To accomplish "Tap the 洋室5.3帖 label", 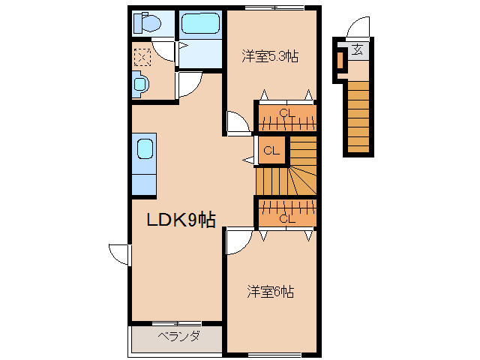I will [x=269, y=55].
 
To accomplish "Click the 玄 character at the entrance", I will [x=358, y=50].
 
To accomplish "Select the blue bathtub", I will [x=200, y=24].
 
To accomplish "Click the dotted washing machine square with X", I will [x=142, y=56].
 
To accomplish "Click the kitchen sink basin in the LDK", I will [x=144, y=148].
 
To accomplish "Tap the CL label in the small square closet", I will [x=271, y=151].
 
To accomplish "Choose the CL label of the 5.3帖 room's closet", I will [x=286, y=114].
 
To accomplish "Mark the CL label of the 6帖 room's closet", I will [x=286, y=219].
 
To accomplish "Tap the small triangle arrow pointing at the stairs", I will [x=248, y=160].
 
